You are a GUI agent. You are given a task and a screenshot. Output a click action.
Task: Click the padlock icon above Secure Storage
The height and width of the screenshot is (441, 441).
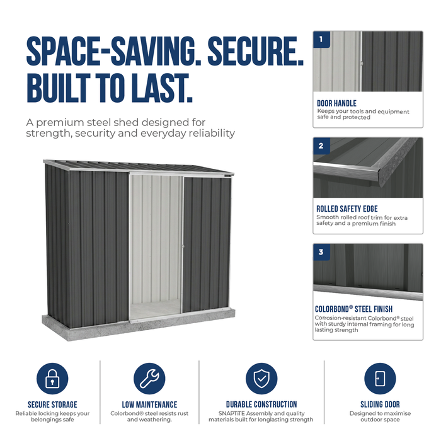52,378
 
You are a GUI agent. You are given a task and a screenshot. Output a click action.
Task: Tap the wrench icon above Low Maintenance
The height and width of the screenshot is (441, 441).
149,378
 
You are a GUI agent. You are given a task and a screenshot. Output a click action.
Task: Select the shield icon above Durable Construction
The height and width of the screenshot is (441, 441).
261,378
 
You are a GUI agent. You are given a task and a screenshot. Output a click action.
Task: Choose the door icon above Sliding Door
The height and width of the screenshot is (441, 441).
380,378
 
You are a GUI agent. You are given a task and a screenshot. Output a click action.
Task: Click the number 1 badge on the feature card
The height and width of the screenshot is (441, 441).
321,39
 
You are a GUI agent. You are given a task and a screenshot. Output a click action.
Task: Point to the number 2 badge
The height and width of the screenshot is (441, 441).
321,146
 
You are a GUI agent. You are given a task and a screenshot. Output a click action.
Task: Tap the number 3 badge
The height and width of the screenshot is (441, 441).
321,252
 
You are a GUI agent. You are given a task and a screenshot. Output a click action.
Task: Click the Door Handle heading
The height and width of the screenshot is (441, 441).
336,103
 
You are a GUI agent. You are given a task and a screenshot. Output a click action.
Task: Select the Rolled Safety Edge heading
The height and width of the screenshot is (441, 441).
347,209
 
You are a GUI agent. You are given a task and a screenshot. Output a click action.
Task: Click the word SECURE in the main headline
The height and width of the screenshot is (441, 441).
255,51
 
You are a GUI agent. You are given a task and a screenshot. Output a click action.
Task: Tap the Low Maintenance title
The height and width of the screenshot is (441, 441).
149,404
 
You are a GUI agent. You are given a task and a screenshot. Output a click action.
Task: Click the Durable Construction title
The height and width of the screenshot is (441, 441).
261,404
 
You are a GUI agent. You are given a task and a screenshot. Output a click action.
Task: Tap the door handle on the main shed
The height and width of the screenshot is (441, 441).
183,246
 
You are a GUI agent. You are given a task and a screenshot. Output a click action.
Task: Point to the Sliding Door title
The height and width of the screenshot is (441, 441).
380,404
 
